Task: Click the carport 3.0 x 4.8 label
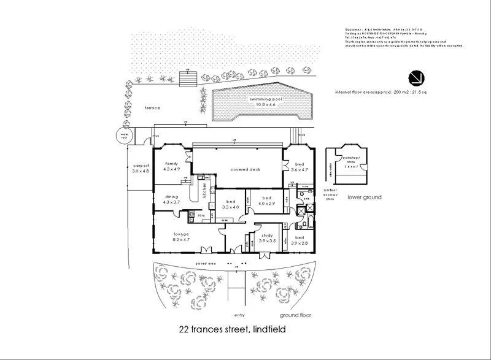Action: pos(140,168)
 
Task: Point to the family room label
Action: pos(171,167)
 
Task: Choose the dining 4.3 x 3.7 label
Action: pos(171,199)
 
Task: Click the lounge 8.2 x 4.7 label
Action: pos(181,236)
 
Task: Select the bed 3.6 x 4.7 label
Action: pos(299,167)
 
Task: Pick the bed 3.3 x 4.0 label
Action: pos(230,205)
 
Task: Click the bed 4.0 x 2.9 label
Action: pos(266,201)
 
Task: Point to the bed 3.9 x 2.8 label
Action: pos(299,240)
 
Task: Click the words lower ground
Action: pos(364,197)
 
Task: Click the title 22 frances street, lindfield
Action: pos(232,330)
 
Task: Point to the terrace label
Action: pos(152,108)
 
